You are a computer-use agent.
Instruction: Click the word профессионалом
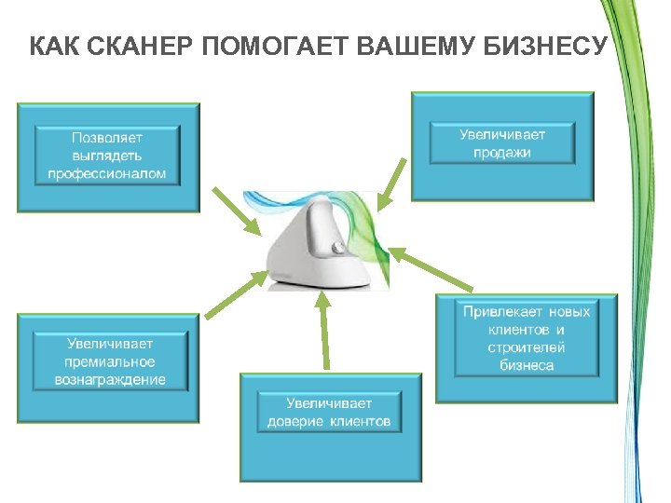pyautogui.click(x=107, y=173)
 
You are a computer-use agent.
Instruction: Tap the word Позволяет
pyautogui.click(x=107, y=136)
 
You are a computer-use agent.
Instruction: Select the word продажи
pyautogui.click(x=501, y=153)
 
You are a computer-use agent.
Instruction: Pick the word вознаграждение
pyautogui.click(x=110, y=379)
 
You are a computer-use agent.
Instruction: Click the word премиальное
pyautogui.click(x=110, y=361)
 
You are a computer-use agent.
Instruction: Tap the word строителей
pyautogui.click(x=527, y=347)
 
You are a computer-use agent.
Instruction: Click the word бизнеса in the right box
pyautogui.click(x=527, y=365)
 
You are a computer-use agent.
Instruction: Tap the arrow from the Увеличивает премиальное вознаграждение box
pyautogui.click(x=228, y=294)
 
